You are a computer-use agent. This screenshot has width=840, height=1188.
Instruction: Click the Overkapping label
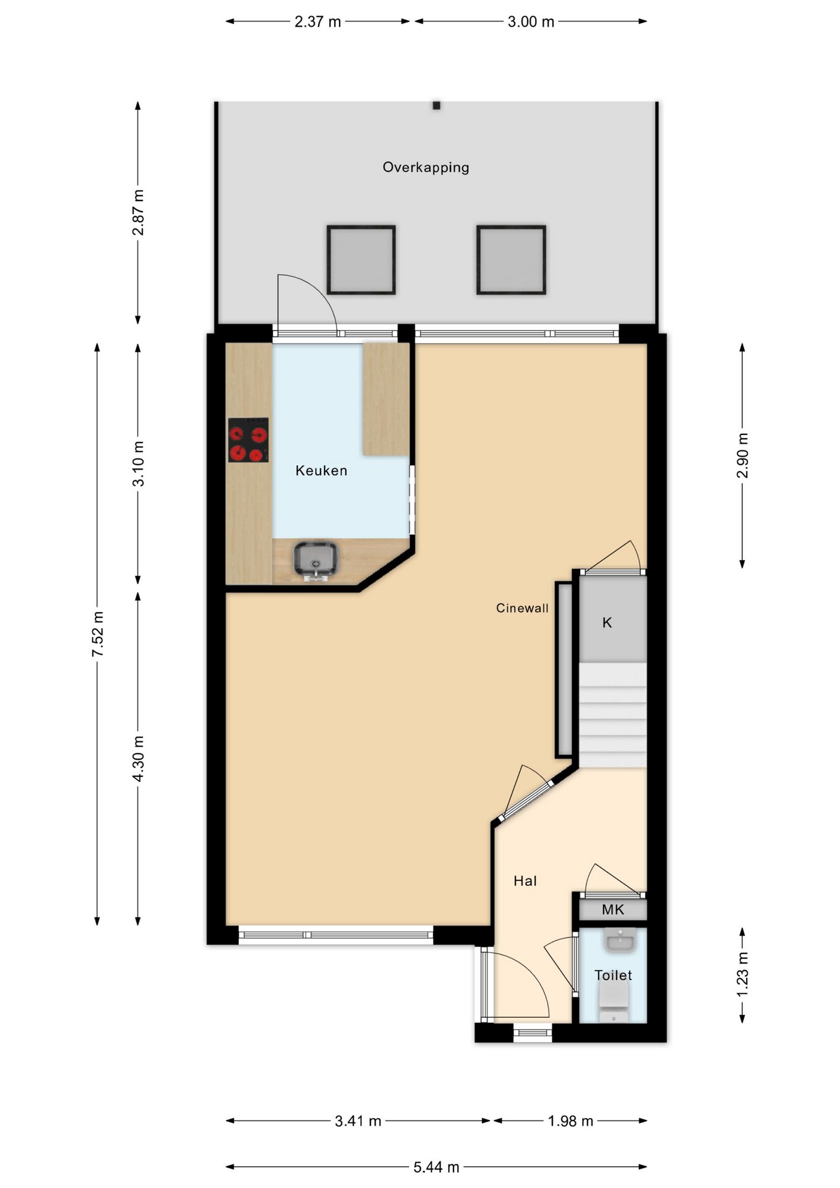[426, 168]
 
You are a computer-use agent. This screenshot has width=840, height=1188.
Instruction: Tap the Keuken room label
[321, 471]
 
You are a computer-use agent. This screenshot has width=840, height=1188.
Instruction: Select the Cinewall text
[522, 608]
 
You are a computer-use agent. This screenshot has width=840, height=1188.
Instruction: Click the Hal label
[525, 881]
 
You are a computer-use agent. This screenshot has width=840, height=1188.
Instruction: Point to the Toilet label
[613, 976]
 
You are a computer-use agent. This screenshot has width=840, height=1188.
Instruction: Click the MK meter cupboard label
[613, 910]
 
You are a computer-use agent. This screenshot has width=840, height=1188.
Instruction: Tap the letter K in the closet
[607, 623]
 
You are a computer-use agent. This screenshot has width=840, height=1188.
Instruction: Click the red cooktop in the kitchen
[249, 440]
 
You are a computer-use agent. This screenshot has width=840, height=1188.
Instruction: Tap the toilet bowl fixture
[614, 1003]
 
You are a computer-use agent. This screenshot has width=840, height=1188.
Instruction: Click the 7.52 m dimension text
[98, 634]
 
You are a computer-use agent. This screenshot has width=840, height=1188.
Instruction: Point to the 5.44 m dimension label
[436, 1167]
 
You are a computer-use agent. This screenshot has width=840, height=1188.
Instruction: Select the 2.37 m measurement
[318, 22]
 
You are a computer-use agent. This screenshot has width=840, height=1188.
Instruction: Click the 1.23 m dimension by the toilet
[742, 975]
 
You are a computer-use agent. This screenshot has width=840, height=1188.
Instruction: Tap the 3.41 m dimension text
[358, 1121]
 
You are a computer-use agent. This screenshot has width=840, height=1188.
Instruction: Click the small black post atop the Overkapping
[436, 106]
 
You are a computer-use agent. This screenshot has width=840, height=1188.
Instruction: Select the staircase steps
[613, 715]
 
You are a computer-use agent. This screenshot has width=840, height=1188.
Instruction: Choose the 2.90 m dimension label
[742, 455]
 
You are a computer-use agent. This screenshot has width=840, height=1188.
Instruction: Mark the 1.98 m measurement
[570, 1121]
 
